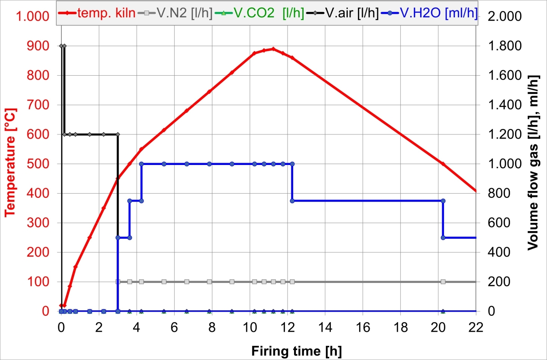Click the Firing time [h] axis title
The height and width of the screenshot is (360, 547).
tap(296, 351)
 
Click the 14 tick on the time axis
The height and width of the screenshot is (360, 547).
tap(325, 326)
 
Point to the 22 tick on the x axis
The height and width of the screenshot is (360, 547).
tap(476, 326)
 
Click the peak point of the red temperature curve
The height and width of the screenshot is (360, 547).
tap(273, 49)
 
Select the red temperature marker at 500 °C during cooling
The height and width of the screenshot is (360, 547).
tap(443, 164)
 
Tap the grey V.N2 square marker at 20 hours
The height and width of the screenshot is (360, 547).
tap(443, 282)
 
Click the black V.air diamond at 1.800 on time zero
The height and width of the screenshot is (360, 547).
tap(61, 46)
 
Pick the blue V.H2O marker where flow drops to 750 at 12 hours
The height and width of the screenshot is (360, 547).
tap(292, 201)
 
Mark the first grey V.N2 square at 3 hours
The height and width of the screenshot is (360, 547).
tap(118, 282)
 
